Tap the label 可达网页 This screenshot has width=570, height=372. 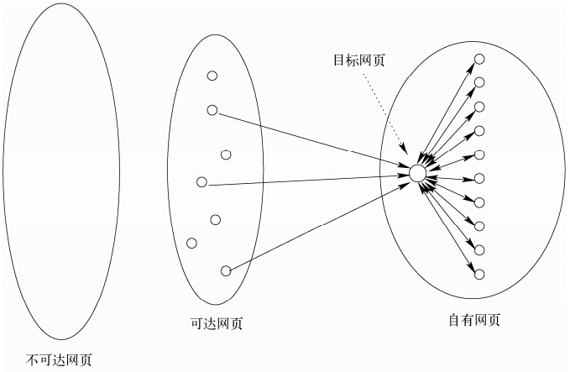tap(217, 322)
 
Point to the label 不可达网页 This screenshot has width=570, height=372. tap(59, 360)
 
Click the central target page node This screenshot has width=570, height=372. tap(418, 174)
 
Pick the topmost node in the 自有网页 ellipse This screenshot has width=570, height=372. tap(479, 59)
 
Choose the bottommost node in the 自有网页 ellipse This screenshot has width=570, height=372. tap(479, 274)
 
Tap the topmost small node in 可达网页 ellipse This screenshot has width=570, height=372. tap(212, 76)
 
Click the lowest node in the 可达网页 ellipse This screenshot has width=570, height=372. tap(225, 270)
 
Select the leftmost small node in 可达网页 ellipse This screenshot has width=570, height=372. tap(191, 244)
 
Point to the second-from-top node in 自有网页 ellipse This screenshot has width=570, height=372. tap(479, 81)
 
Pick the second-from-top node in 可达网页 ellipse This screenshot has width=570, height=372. tap(212, 109)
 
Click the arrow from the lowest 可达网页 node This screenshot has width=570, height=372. tap(319, 223)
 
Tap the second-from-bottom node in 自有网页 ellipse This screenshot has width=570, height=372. tap(479, 249)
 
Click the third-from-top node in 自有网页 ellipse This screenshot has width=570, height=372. tap(479, 106)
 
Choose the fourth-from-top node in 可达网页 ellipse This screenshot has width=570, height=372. tap(201, 182)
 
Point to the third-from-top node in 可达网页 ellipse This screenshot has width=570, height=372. tap(225, 154)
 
